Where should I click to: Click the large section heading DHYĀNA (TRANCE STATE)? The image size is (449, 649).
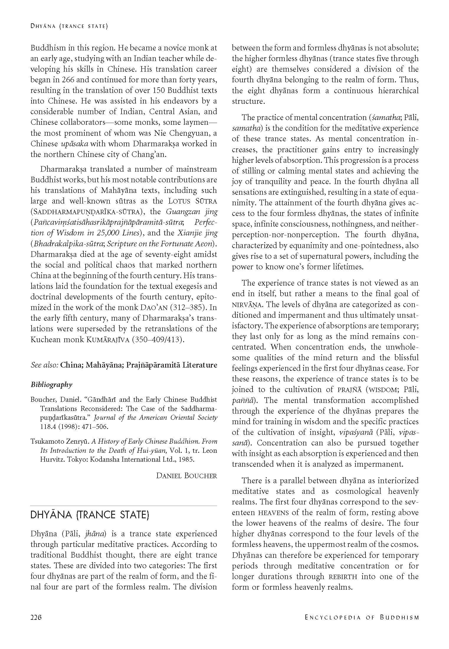[x=90, y=515]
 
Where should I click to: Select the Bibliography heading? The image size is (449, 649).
[x=51, y=385]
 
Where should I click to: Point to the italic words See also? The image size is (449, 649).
[x=44, y=365]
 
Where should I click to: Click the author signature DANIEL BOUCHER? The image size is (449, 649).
[x=186, y=476]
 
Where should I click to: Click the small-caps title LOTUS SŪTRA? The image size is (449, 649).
[x=193, y=201]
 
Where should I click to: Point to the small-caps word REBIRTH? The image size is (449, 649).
[x=343, y=577]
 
